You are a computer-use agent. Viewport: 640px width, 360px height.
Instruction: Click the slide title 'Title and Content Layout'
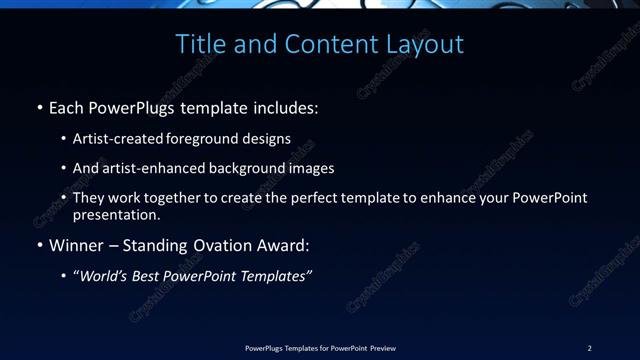pos(320,44)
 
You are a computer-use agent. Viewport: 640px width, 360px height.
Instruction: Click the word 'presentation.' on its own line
pos(117,214)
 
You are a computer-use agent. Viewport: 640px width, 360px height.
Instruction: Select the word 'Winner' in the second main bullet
pos(77,245)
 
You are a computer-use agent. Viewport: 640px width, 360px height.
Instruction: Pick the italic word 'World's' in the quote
pos(105,276)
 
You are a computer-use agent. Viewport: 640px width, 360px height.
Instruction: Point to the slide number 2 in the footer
pos(589,348)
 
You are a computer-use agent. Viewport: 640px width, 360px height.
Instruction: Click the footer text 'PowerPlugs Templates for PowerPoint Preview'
pos(320,348)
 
